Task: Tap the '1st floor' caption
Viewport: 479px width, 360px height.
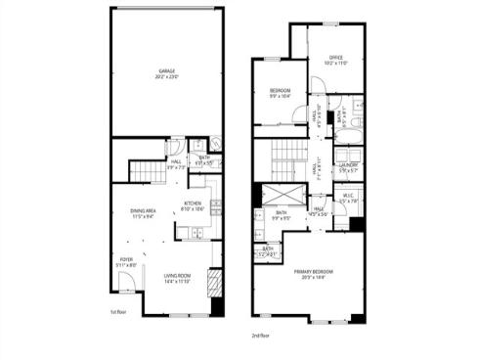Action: coord(119,313)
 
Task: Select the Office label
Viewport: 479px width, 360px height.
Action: coord(337,59)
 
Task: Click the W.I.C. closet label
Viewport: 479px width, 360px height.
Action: coord(348,198)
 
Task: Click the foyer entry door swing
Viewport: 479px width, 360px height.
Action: coord(126,285)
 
